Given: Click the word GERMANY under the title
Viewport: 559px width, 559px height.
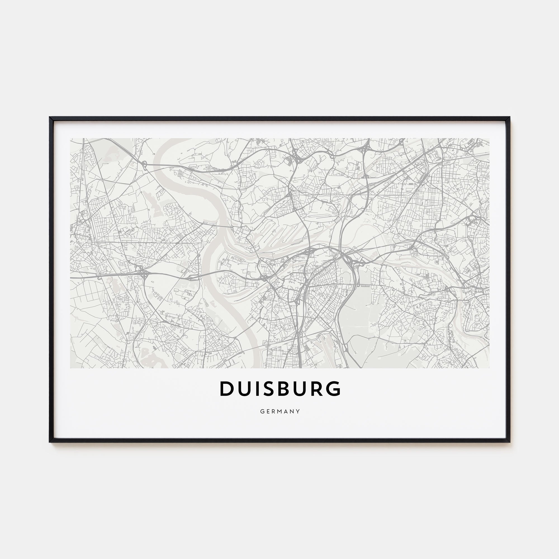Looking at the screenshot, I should click(x=280, y=411).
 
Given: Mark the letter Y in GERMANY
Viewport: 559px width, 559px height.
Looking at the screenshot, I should click(x=298, y=411).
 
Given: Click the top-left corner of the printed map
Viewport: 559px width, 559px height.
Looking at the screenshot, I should click(x=70, y=138).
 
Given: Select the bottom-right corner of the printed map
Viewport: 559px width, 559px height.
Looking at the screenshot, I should click(x=489, y=368).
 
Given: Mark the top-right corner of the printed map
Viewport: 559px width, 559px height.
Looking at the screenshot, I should click(x=489, y=138).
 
